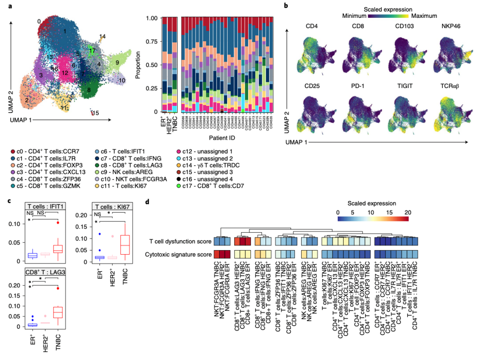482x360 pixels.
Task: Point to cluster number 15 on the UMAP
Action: point(96,113)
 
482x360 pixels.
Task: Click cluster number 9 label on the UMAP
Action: point(117,63)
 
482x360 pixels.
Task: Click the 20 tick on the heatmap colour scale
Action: point(406,212)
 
